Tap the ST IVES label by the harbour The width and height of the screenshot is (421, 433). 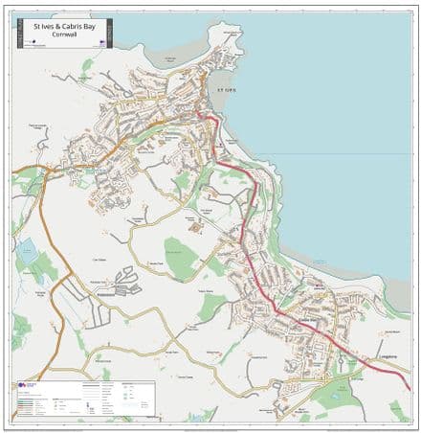(x=225, y=89)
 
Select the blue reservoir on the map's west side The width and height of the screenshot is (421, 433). (x=26, y=253)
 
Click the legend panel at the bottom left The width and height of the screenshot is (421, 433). (x=83, y=399)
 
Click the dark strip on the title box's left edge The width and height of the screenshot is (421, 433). (x=16, y=34)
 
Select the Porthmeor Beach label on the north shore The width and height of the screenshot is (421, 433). (x=171, y=59)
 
